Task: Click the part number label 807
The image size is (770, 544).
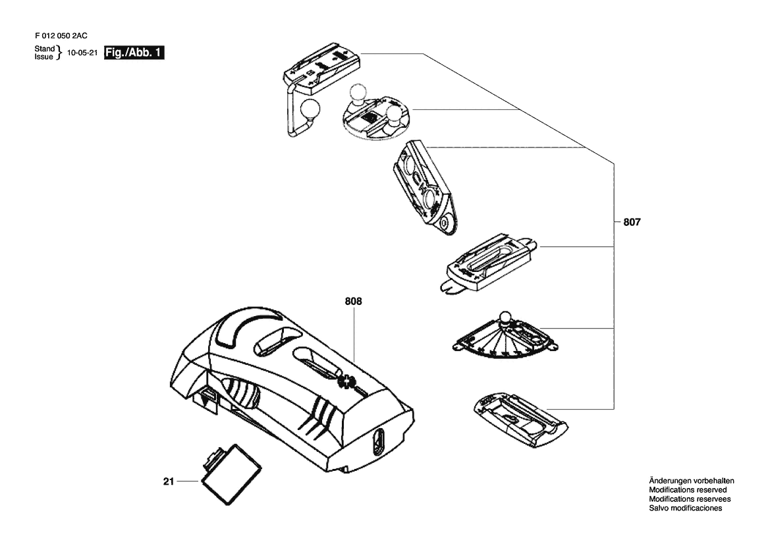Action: (632, 222)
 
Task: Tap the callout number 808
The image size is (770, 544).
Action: (353, 301)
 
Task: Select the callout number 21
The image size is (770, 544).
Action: (169, 481)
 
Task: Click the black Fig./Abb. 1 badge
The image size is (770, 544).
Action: (134, 53)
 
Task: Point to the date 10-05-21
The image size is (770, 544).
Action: (82, 53)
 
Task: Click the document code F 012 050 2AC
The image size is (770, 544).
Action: (61, 36)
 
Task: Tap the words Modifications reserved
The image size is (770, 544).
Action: (688, 490)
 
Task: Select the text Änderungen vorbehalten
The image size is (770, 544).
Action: (692, 481)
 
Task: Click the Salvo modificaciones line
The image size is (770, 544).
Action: (686, 508)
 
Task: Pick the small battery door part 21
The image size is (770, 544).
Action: (231, 474)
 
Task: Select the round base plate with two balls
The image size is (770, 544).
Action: (377, 117)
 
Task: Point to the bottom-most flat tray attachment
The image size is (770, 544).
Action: (520, 420)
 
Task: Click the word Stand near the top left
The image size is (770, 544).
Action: (44, 49)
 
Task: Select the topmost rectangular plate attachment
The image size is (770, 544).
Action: (321, 68)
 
